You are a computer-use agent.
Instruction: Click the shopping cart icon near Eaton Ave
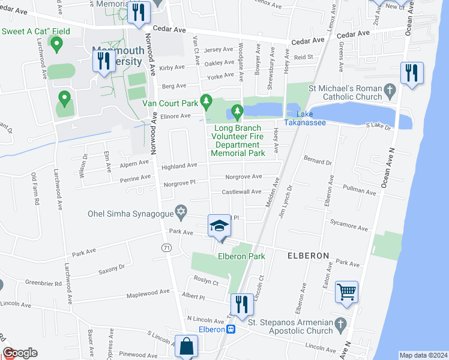[347, 292]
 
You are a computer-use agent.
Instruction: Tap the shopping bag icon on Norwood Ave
[187, 346]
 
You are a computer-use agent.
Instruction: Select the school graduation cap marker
[220, 226]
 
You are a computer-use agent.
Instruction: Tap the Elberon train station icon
[230, 329]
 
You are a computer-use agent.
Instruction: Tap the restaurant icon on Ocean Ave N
[412, 73]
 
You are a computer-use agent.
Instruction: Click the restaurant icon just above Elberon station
[242, 304]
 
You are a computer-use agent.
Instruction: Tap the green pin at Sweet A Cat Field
[57, 43]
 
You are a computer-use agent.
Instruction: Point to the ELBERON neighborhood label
[308, 256]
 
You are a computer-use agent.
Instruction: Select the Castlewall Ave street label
[242, 191]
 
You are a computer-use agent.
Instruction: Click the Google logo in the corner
[20, 353]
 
